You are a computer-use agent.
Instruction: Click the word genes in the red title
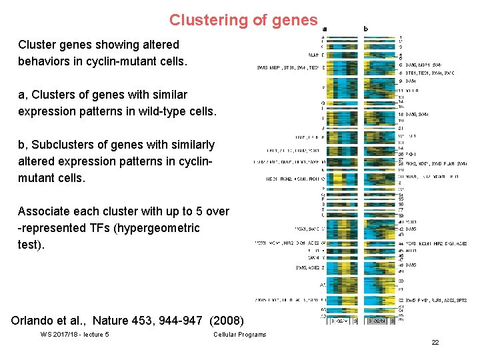[x=295, y=20]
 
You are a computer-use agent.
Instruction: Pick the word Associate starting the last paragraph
[x=43, y=211]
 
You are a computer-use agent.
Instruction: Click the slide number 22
[x=435, y=342]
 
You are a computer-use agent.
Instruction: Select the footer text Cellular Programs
[x=239, y=335]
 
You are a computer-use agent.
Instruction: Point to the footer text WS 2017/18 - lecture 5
[x=75, y=335]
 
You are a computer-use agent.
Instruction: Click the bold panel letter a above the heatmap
[x=325, y=29]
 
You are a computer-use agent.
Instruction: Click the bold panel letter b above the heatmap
[x=365, y=29]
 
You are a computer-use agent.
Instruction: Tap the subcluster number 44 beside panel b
[x=401, y=243]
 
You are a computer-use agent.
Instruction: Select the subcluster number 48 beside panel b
[x=401, y=265]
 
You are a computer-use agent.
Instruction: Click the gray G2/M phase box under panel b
[x=378, y=321]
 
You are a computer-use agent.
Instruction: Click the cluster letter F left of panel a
[x=323, y=87]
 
